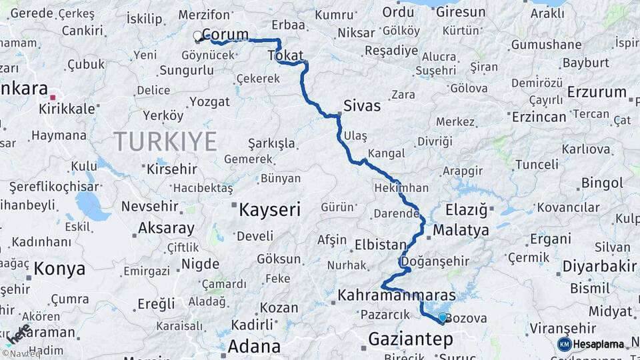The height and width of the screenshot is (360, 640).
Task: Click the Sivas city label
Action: click(x=363, y=105)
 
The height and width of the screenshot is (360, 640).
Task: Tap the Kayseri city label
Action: click(x=270, y=210)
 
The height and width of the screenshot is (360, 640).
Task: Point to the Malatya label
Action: click(x=461, y=231)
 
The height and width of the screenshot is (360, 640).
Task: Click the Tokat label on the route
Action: click(x=285, y=56)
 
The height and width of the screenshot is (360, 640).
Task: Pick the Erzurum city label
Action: click(x=597, y=92)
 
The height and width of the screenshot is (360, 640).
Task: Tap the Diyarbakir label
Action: click(x=599, y=267)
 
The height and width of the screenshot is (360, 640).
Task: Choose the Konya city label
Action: click(x=60, y=269)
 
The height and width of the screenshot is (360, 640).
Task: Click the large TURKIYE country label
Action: click(x=165, y=141)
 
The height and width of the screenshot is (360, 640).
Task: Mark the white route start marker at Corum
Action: click(x=197, y=35)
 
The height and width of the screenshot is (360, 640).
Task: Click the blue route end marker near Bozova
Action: click(x=442, y=317)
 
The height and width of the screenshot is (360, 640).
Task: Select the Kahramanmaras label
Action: click(x=397, y=295)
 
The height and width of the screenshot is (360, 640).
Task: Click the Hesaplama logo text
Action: click(x=599, y=344)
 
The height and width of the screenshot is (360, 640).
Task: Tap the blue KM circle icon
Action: click(x=564, y=344)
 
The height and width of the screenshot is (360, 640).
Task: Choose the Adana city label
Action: click(x=254, y=346)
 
